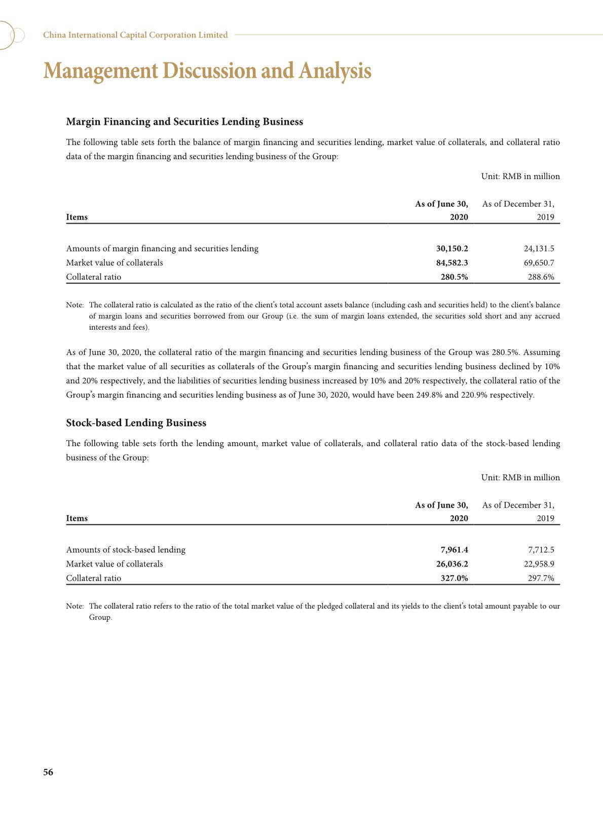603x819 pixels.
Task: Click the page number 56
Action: (48, 772)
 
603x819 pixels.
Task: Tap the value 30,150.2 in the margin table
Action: (452, 248)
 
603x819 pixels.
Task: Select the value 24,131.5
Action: (539, 248)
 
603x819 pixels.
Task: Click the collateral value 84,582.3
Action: (452, 263)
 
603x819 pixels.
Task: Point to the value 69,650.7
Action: (539, 263)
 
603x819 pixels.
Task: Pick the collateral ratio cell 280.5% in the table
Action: (454, 277)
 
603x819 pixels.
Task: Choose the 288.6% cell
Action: (541, 277)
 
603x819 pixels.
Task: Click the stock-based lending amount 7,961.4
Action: (454, 550)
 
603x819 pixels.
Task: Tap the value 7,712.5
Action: (541, 550)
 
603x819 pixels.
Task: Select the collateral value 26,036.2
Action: (452, 564)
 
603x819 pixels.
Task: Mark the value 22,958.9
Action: (539, 564)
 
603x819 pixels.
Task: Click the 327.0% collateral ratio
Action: (454, 578)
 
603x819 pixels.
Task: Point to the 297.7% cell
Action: (541, 578)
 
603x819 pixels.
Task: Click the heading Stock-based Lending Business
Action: (136, 423)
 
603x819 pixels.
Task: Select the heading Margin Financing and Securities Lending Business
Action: (184, 122)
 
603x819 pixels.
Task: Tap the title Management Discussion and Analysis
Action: (207, 70)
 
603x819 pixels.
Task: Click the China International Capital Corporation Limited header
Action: (135, 35)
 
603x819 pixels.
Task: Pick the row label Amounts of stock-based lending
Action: (126, 550)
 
